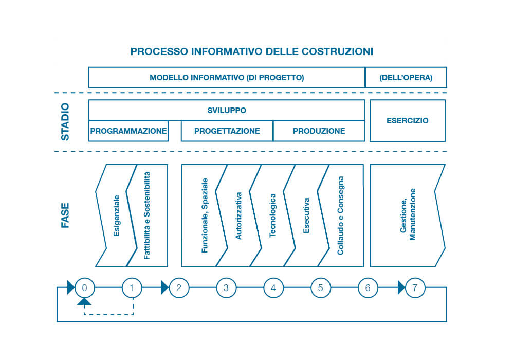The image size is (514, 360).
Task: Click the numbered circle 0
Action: click(84, 287)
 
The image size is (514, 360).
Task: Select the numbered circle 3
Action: click(226, 287)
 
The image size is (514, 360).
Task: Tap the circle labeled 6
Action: click(368, 287)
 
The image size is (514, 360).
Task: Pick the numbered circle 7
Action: click(415, 287)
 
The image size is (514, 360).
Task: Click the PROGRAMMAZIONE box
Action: click(128, 131)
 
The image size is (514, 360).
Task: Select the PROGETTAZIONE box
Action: click(227, 131)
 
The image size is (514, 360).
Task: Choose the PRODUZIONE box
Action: click(319, 131)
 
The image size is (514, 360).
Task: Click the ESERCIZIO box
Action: click(408, 121)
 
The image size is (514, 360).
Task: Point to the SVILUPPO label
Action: click(227, 110)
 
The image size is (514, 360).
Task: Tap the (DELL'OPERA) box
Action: click(406, 78)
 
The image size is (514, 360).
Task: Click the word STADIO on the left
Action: click(65, 122)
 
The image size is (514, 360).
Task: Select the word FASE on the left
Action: click(65, 215)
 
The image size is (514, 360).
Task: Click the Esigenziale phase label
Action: click(117, 215)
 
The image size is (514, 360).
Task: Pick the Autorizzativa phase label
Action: click(238, 215)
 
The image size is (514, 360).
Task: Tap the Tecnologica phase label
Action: click(273, 215)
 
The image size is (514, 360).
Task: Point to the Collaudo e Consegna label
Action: click(340, 215)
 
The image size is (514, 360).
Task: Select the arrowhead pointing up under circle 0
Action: click(84, 302)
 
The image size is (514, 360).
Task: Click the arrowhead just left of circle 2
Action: click(164, 287)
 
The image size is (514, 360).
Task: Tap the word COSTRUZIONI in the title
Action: click(337, 51)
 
